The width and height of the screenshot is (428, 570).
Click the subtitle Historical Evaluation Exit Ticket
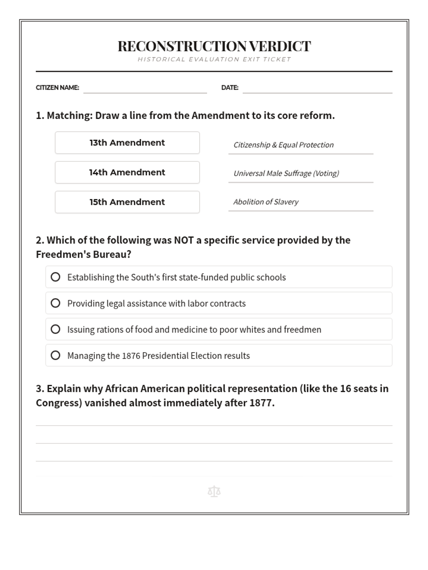214,59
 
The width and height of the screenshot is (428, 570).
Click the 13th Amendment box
127,143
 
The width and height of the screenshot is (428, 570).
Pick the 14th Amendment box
127,172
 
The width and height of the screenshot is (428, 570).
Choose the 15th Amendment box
127,202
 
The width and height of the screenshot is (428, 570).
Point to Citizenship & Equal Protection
284,145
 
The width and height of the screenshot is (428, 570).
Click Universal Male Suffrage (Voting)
286,173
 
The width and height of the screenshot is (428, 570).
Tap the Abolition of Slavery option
266,202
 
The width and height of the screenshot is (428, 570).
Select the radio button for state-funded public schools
56,277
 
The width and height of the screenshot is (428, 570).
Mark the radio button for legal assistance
56,303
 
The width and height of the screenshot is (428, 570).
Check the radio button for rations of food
56,329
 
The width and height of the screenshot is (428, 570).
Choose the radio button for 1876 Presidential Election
56,355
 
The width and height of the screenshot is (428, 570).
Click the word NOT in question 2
183,240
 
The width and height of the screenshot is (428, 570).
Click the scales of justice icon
214,492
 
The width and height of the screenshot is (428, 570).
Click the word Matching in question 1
69,116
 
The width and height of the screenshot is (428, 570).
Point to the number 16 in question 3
346,389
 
